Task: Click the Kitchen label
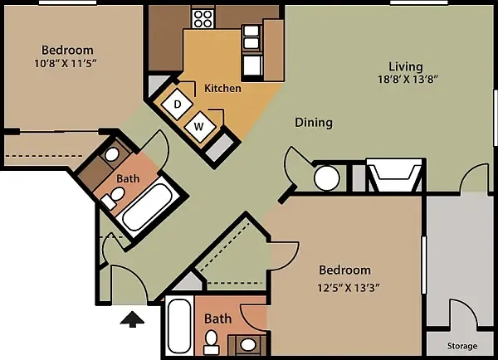tap(222, 88)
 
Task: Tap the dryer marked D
tap(178, 105)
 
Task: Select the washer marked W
tap(199, 127)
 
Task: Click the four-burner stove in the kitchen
tap(203, 19)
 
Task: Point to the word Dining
tap(314, 123)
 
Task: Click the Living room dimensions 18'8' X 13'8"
tap(408, 79)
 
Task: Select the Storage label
tap(462, 346)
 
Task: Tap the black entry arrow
tap(132, 319)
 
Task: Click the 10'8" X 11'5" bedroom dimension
tap(65, 64)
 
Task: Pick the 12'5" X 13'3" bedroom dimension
tap(349, 288)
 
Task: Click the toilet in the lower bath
tap(211, 343)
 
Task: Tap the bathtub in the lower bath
tap(179, 326)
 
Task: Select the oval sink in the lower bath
tap(247, 344)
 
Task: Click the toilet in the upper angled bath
tap(114, 197)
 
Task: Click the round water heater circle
tap(327, 178)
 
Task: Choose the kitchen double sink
tap(251, 36)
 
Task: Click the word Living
tap(406, 66)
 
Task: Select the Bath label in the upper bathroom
tap(128, 178)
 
